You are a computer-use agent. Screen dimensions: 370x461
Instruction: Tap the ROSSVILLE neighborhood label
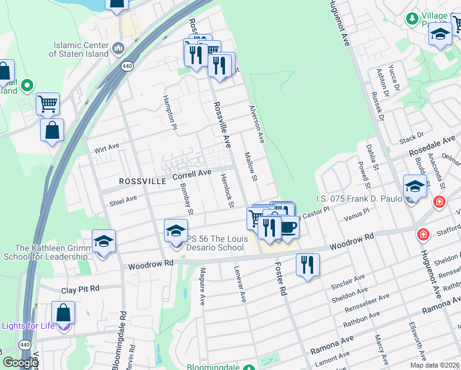[x=142, y=182]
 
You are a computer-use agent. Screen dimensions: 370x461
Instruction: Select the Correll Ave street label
[x=192, y=175]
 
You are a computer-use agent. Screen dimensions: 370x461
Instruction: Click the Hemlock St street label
[x=227, y=190]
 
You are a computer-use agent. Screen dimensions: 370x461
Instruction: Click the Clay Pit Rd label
[x=80, y=289]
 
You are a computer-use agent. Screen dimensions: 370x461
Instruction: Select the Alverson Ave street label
[x=256, y=124]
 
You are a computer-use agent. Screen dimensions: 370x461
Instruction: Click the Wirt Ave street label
[x=105, y=150]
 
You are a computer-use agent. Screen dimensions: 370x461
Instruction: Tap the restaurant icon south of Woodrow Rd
[x=307, y=265]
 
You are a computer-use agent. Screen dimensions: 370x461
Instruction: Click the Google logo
[x=20, y=363]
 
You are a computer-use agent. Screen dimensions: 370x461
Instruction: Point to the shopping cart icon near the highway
[x=47, y=103]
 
